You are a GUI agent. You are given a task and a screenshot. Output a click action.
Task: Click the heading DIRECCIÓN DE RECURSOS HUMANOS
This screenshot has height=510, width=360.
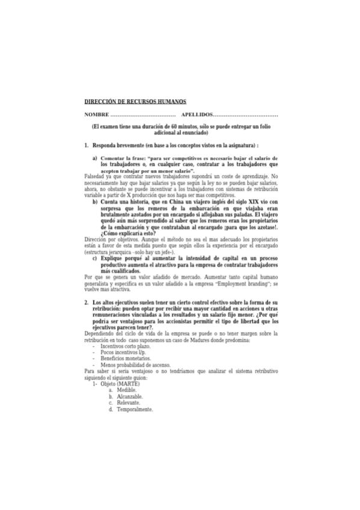135,102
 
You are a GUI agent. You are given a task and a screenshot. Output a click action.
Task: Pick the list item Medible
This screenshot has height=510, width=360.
127,390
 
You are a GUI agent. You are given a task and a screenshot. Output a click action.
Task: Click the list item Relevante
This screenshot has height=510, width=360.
129,403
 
